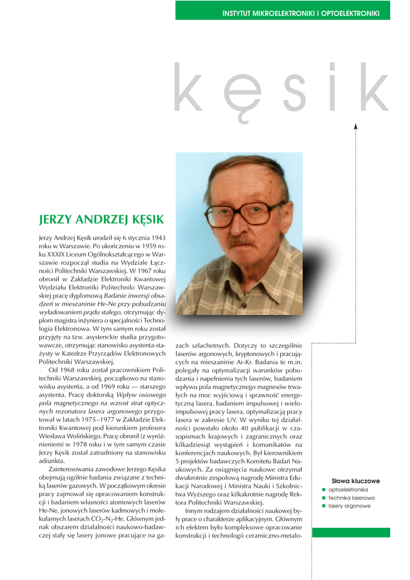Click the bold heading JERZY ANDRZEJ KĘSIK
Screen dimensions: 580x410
pos(101,219)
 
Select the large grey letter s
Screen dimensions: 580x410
pos(296,93)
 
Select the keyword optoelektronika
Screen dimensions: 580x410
pos(348,489)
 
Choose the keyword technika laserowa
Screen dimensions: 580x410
pos(351,498)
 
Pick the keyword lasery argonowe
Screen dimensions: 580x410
pos(349,506)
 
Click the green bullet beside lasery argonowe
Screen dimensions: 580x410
pos(323,506)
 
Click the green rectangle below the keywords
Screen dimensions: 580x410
pos(351,532)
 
